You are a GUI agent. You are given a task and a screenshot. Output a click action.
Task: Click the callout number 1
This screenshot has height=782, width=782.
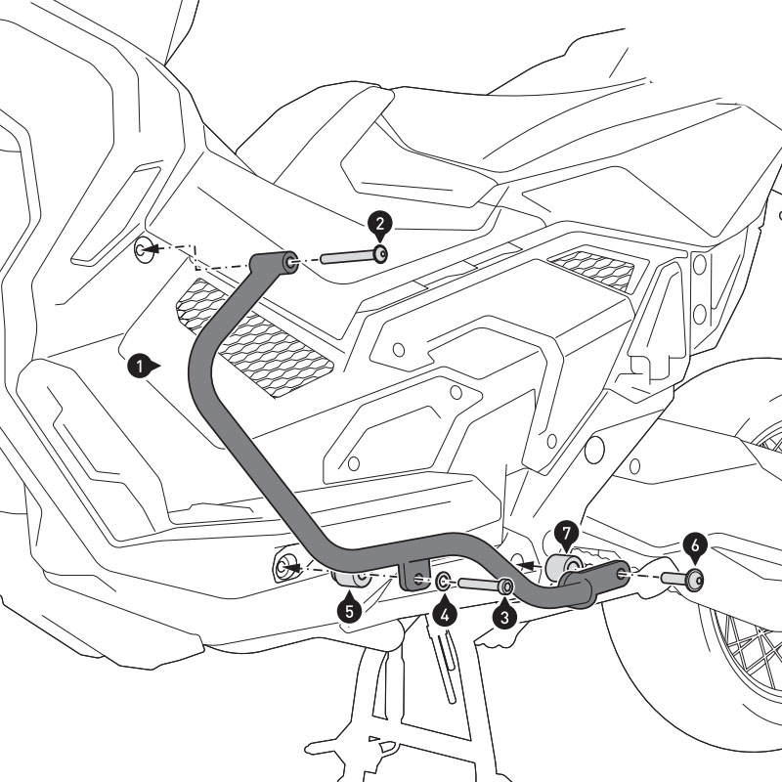[138, 367]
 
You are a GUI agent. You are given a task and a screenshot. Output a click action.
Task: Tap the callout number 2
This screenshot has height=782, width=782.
[378, 224]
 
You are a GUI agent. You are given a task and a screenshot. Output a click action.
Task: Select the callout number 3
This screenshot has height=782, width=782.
[503, 617]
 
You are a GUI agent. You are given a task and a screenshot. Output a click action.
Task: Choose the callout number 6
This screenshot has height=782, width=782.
[693, 543]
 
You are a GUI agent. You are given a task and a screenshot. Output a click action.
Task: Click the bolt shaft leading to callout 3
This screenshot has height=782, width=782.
[479, 585]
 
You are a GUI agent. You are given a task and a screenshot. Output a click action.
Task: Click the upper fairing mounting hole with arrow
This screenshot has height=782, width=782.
[143, 249]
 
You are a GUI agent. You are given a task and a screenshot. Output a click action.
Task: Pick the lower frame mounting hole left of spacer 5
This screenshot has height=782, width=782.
[286, 566]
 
